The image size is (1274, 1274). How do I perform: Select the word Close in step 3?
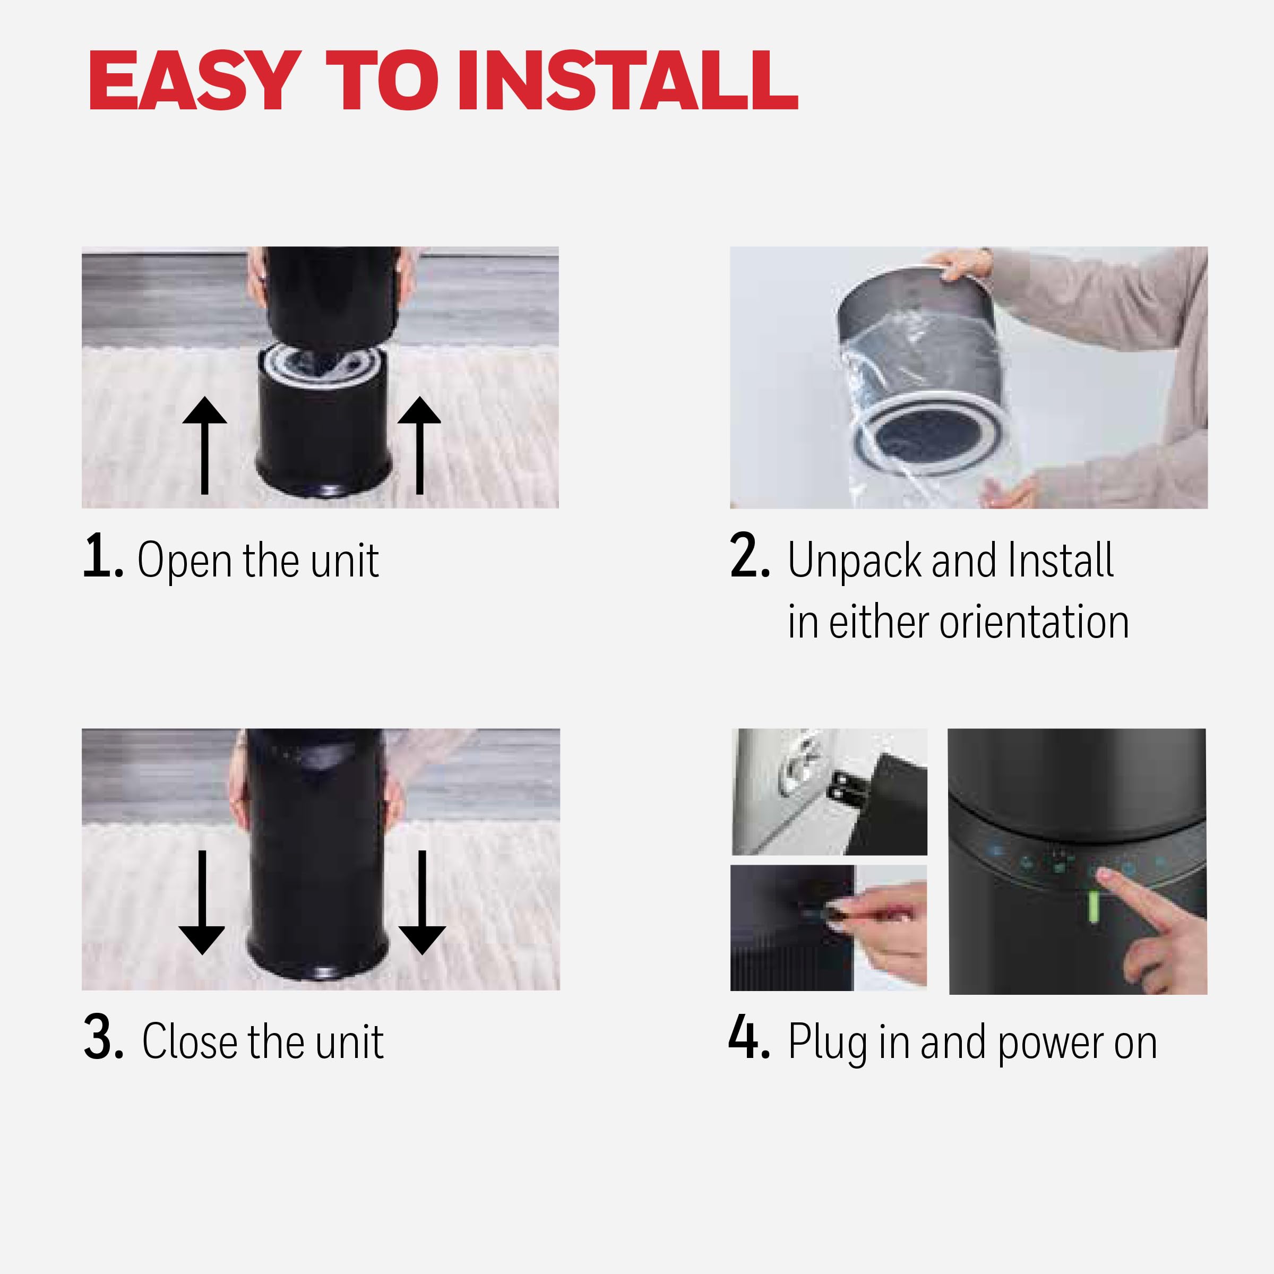[190, 1042]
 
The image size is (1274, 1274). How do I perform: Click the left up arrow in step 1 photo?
[204, 445]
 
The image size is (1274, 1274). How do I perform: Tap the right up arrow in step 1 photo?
[419, 445]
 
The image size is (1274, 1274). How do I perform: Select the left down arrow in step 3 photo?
[202, 902]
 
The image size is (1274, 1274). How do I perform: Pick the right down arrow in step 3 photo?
[422, 902]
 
